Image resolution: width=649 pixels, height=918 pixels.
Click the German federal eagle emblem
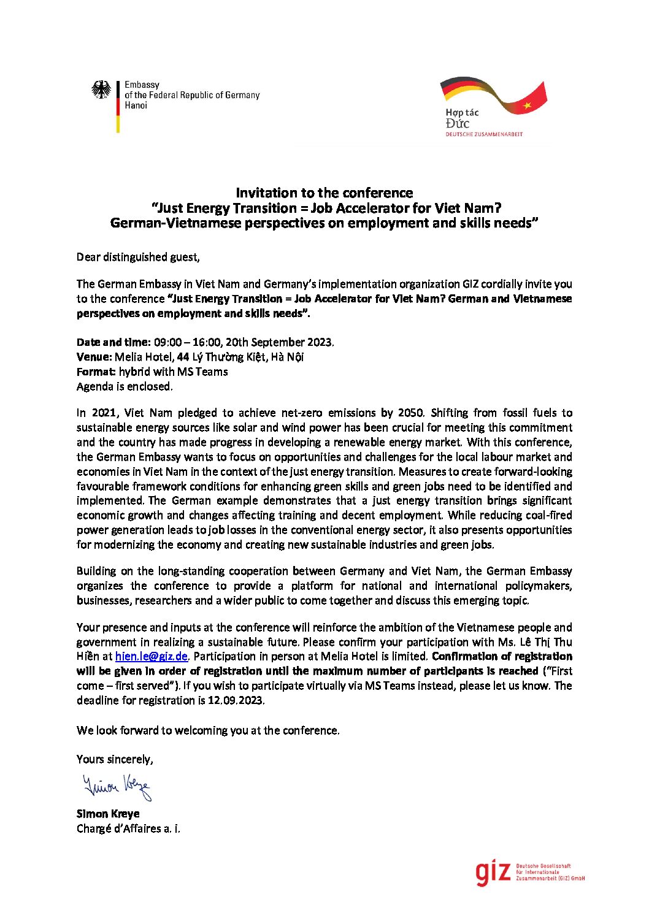tap(101, 90)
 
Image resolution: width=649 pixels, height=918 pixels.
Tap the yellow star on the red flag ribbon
tap(527, 105)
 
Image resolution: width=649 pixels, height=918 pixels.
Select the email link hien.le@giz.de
tap(151, 657)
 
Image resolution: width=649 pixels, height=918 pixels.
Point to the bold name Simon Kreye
tap(108, 814)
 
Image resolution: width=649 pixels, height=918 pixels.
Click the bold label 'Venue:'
tap(94, 357)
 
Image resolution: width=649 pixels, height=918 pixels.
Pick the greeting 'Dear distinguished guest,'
tap(138, 257)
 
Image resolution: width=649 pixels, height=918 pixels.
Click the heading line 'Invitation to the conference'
tap(324, 193)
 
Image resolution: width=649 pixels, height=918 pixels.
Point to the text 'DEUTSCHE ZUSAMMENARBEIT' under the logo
tap(484, 134)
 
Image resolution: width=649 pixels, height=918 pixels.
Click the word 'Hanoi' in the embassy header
tap(136, 105)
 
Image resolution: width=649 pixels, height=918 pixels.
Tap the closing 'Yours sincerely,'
tap(115, 759)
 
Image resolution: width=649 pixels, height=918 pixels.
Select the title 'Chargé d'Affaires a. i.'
tap(128, 828)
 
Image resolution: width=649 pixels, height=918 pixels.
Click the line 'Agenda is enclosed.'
tap(125, 386)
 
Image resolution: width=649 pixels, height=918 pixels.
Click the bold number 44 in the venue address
tap(183, 357)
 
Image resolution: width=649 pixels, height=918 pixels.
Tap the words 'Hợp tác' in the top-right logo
tap(462, 113)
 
